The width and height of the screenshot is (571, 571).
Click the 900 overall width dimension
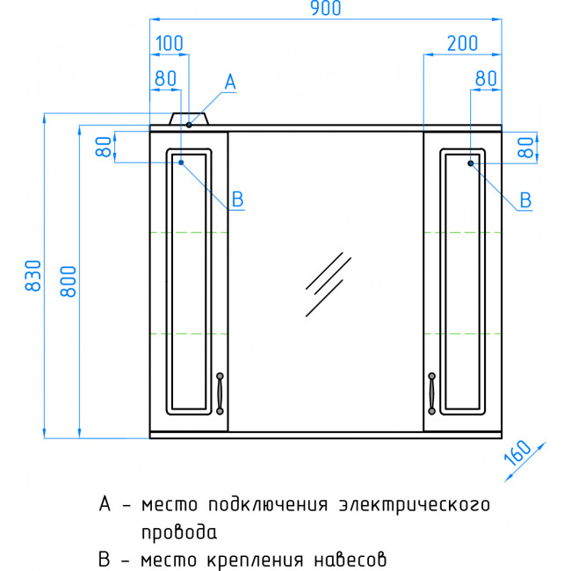[326, 8]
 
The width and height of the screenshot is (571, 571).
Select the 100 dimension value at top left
[170, 43]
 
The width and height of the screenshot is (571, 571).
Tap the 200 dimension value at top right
[462, 43]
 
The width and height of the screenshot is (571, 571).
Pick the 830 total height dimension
[33, 275]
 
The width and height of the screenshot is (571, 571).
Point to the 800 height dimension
[69, 281]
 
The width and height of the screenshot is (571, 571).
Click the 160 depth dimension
[518, 452]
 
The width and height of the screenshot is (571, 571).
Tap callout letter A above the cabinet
[230, 82]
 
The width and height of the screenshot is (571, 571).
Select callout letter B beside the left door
[237, 199]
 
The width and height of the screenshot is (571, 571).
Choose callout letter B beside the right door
[525, 200]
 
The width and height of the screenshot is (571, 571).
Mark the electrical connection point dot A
[189, 125]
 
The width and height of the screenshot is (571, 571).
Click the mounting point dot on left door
[181, 162]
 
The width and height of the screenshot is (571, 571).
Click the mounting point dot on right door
[471, 163]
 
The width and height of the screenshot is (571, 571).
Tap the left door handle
[220, 394]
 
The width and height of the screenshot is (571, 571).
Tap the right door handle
[431, 394]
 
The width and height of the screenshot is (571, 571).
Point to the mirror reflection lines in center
[329, 285]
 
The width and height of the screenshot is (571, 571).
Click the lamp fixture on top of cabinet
[189, 119]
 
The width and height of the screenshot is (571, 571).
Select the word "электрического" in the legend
[415, 505]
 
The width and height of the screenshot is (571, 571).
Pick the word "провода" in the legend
[179, 532]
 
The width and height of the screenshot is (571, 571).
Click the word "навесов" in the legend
[350, 560]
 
